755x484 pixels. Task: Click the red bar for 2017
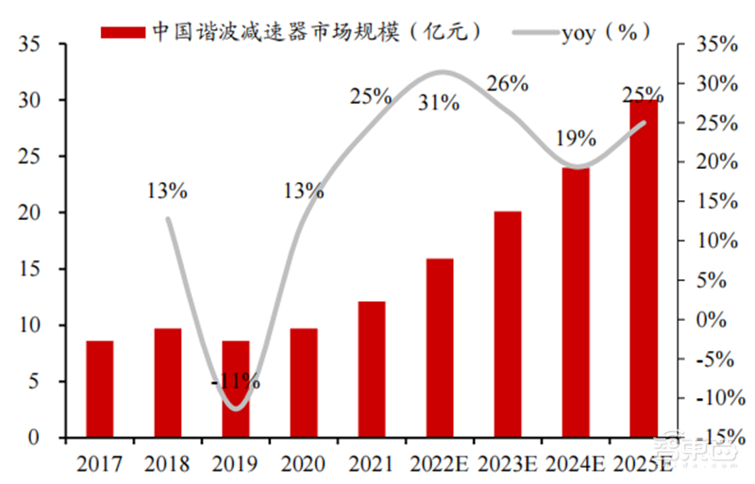pyautogui.click(x=99, y=389)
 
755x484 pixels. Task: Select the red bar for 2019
pyautogui.click(x=235, y=389)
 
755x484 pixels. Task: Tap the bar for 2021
pyautogui.click(x=371, y=369)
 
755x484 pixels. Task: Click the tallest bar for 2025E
pyautogui.click(x=644, y=268)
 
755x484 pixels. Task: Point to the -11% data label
pyautogui.click(x=236, y=382)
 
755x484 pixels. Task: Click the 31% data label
pyautogui.click(x=440, y=103)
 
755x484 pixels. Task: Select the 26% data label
pyautogui.click(x=507, y=84)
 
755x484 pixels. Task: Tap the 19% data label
pyautogui.click(x=575, y=139)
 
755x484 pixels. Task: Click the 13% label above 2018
pyautogui.click(x=167, y=191)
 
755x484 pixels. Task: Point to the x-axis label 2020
pyautogui.click(x=303, y=464)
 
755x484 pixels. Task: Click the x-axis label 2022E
pyautogui.click(x=440, y=464)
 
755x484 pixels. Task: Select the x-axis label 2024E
pyautogui.click(x=576, y=464)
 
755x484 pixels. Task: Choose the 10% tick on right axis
pyautogui.click(x=715, y=241)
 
